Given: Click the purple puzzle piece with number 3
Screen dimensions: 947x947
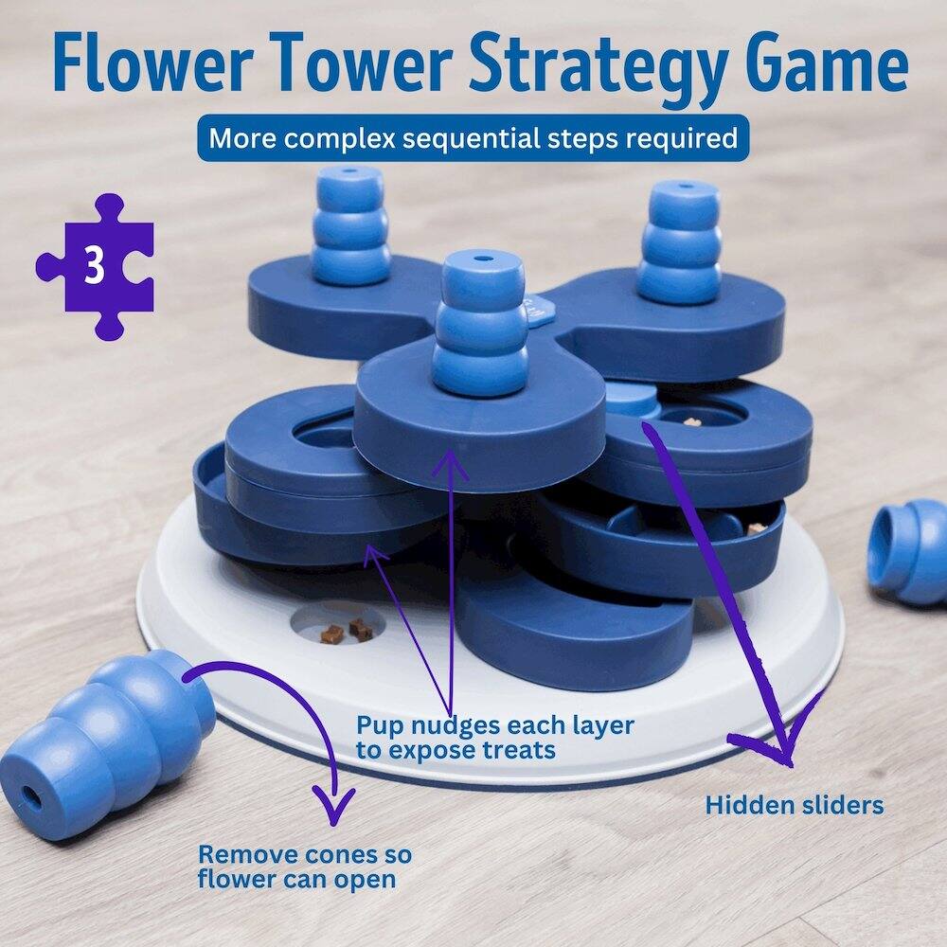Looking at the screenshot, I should click(x=94, y=266).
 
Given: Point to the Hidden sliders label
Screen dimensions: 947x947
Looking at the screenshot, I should click(x=794, y=805).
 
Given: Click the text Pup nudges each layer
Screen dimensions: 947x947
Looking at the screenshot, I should click(x=494, y=726).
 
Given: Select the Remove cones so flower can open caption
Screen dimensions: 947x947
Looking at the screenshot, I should click(x=304, y=866).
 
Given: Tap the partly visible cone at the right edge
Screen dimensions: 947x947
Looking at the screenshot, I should click(x=911, y=552).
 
